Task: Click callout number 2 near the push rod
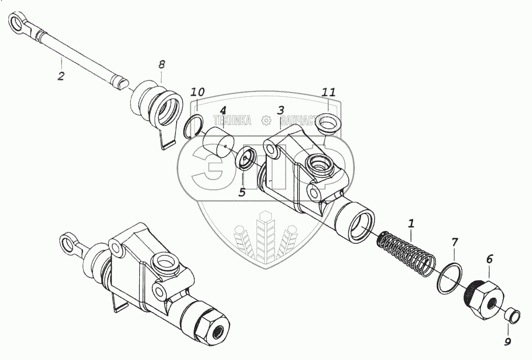point(61,76)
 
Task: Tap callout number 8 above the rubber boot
point(161,64)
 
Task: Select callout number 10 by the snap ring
point(198,91)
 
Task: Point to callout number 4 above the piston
point(223,110)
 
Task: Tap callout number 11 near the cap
point(328,92)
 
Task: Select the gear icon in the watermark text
point(266,121)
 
